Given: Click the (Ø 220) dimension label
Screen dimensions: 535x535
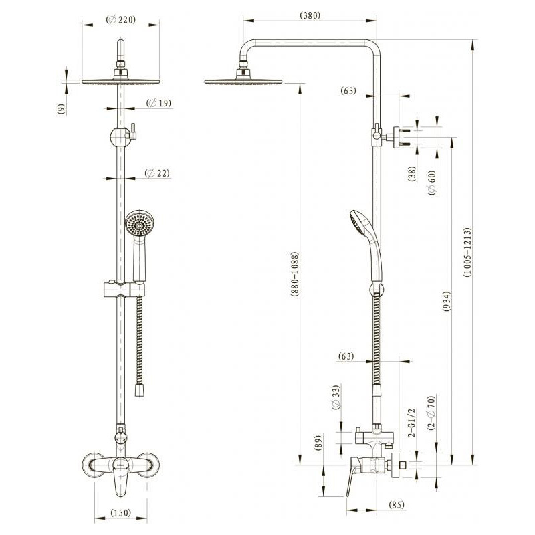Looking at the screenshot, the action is pyautogui.click(x=121, y=20).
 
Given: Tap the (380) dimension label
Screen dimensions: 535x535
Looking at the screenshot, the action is pyautogui.click(x=310, y=15).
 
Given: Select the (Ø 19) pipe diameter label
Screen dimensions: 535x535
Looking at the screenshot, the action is pyautogui.click(x=158, y=103).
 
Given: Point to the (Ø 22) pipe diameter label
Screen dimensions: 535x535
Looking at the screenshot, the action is pyautogui.click(x=157, y=173).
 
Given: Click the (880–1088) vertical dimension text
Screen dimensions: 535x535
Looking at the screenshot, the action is pyautogui.click(x=295, y=274).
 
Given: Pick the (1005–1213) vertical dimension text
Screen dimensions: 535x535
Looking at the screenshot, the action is pyautogui.click(x=467, y=252).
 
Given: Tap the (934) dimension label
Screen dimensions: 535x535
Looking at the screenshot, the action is pyautogui.click(x=446, y=302).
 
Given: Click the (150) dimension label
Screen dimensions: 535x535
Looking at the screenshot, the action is pyautogui.click(x=121, y=512).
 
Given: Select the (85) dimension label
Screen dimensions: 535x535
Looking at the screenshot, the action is pyautogui.click(x=396, y=504).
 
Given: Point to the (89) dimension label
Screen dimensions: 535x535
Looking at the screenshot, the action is pyautogui.click(x=318, y=443).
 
